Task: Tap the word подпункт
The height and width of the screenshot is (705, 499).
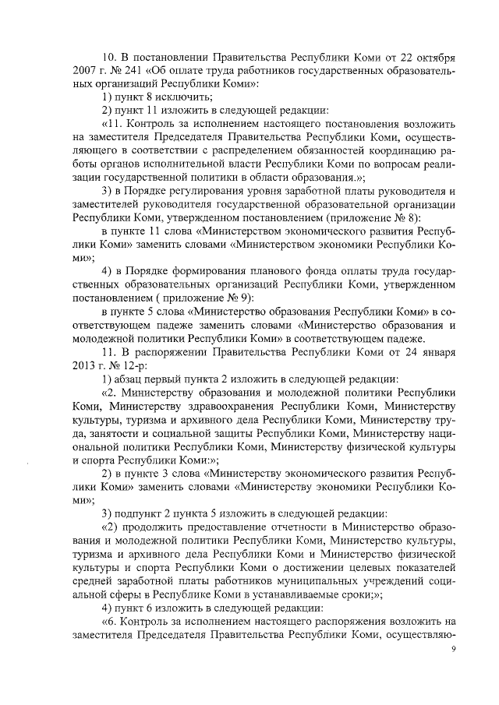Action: click(143, 513)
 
